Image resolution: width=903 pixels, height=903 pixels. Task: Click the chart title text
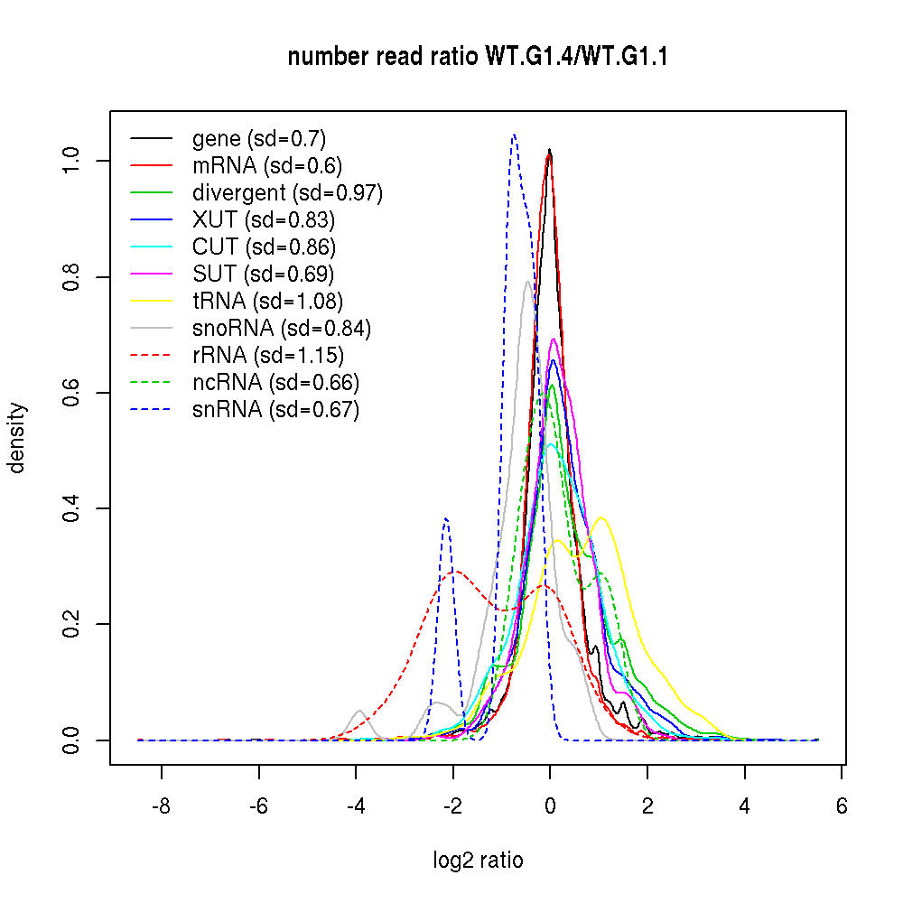pyautogui.click(x=478, y=58)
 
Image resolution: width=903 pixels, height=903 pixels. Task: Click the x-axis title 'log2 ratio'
pyautogui.click(x=478, y=861)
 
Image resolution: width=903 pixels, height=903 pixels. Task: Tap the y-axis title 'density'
pyautogui.click(x=17, y=438)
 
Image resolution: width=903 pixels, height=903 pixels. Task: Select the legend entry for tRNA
pyautogui.click(x=267, y=301)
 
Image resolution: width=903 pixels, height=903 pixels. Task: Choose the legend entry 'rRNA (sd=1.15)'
pyautogui.click(x=267, y=355)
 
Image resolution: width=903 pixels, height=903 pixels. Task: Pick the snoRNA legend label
pyautogui.click(x=281, y=328)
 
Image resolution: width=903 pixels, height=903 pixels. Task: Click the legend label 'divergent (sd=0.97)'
pyautogui.click(x=287, y=192)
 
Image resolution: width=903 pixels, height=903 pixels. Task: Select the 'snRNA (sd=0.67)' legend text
pyautogui.click(x=275, y=410)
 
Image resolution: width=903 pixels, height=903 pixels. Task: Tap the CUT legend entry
pyautogui.click(x=264, y=247)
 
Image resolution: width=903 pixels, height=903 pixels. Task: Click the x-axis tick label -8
pyautogui.click(x=161, y=806)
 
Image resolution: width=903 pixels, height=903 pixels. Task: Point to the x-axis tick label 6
pyautogui.click(x=842, y=806)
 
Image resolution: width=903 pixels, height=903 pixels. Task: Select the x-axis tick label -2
pyautogui.click(x=452, y=806)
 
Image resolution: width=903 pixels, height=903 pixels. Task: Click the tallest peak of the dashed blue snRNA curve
pyautogui.click(x=514, y=135)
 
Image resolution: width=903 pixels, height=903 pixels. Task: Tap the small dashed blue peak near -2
pyautogui.click(x=446, y=518)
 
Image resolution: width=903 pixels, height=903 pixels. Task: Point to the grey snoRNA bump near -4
pyautogui.click(x=359, y=711)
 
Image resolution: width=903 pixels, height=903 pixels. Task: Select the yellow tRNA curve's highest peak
pyautogui.click(x=600, y=517)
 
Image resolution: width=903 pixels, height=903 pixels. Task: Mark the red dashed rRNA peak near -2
pyautogui.click(x=456, y=571)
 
